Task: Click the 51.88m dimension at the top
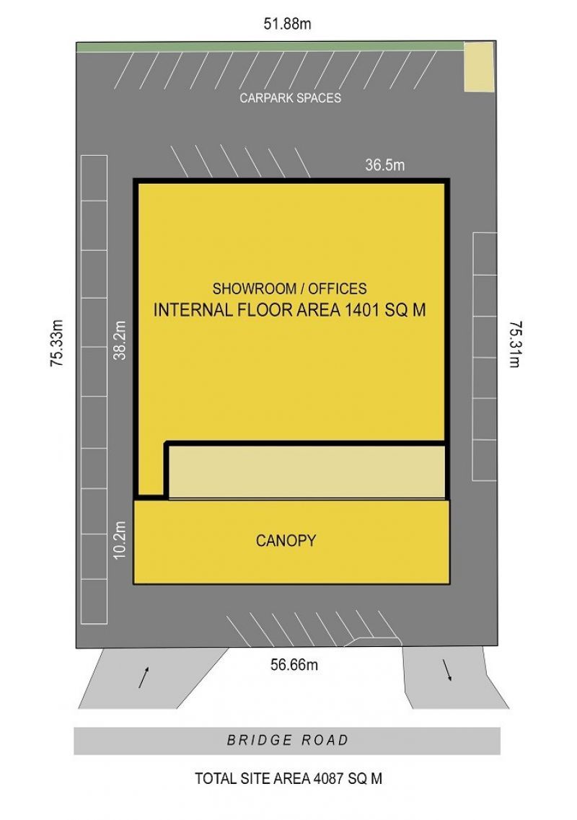[287, 24]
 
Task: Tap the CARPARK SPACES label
[291, 98]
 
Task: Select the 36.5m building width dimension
[385, 165]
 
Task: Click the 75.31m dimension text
[516, 344]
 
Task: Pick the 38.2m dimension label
[120, 340]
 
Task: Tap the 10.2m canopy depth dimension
[120, 539]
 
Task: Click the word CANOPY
[286, 540]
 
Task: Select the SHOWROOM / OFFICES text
[289, 288]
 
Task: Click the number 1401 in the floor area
[362, 310]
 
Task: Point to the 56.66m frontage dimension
[294, 665]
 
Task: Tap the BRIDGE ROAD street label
[287, 740]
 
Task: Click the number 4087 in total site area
[327, 779]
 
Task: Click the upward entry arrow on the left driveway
[144, 677]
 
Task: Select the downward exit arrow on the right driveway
[447, 671]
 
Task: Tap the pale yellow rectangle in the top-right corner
[479, 67]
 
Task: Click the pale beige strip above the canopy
[307, 472]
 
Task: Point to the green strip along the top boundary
[270, 47]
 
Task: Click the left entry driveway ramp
[154, 678]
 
